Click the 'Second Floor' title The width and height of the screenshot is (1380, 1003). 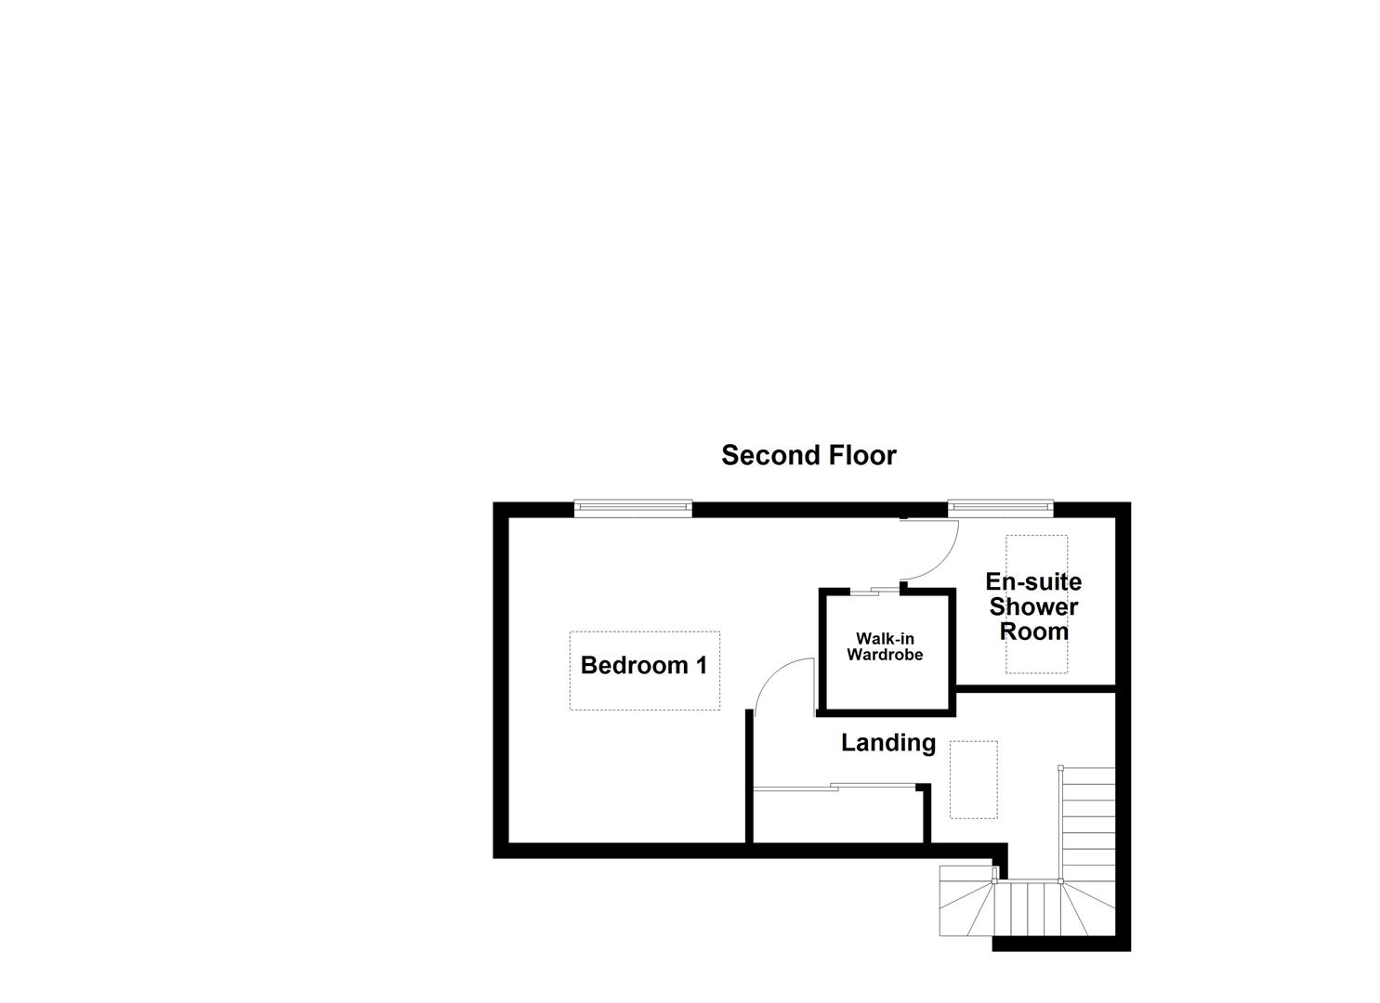pos(808,455)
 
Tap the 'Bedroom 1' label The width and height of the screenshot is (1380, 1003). pos(644,665)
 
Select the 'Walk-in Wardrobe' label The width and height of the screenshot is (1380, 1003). pos(885,646)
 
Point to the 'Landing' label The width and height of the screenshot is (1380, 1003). pos(888,743)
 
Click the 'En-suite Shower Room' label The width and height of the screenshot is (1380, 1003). pos(1033,606)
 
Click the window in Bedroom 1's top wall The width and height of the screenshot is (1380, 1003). pos(633,507)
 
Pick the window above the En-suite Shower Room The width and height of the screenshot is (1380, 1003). pos(1000,507)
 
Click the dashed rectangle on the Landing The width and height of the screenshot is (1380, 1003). pos(973,779)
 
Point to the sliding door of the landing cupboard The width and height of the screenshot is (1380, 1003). pos(836,788)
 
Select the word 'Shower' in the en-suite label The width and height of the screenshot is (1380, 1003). pos(1033,606)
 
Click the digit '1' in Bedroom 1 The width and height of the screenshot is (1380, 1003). pos(701,665)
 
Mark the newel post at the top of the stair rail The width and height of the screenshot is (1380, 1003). pos(1060,768)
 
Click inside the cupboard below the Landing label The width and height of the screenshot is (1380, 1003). pos(836,817)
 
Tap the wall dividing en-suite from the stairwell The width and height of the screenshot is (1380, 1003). pos(1035,688)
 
